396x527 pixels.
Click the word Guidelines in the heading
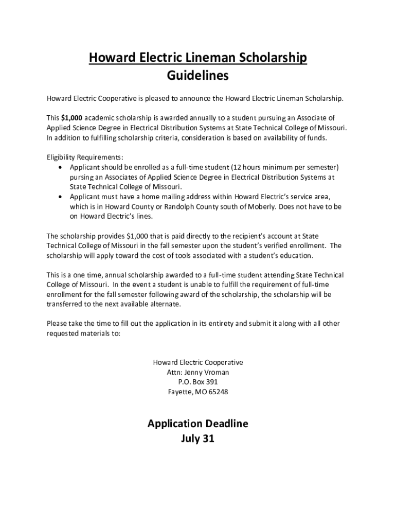(197, 76)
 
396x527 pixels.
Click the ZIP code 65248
(217, 392)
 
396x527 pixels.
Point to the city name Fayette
(180, 392)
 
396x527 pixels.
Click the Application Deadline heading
(197, 424)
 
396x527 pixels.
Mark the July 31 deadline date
(197, 439)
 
